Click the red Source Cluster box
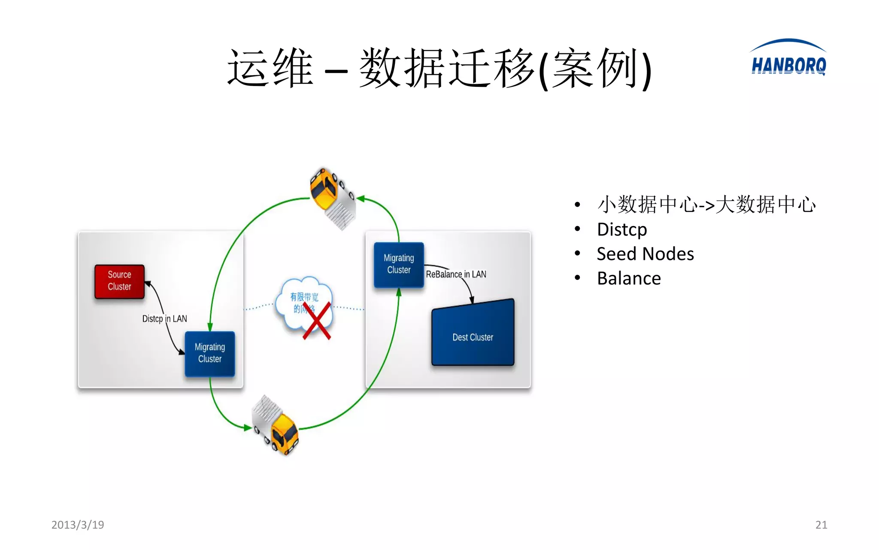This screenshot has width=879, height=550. click(x=119, y=281)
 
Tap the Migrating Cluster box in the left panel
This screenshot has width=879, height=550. click(x=210, y=354)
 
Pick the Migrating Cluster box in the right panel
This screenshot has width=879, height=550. click(x=399, y=264)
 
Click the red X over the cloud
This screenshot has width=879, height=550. click(x=317, y=321)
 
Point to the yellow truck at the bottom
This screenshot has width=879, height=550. click(x=276, y=426)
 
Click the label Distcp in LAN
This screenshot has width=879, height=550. click(x=164, y=319)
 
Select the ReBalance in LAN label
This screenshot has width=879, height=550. click(x=456, y=274)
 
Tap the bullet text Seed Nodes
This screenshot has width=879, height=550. click(x=645, y=254)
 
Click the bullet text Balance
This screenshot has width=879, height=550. click(x=629, y=278)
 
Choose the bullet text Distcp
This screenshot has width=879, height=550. click(x=622, y=229)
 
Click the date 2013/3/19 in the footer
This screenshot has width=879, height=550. click(x=78, y=525)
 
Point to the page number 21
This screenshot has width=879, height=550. click(x=821, y=525)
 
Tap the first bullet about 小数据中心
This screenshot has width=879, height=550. click(x=706, y=205)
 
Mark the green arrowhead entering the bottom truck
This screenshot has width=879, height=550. click(x=248, y=428)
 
